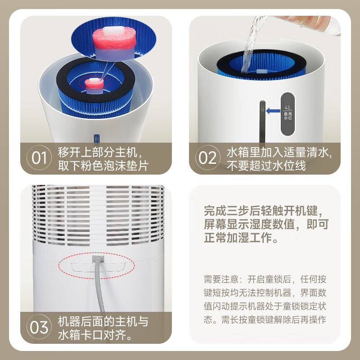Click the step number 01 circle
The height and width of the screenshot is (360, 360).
coord(40,158)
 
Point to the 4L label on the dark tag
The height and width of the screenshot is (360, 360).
coord(288,108)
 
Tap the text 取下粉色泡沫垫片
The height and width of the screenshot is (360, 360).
coord(103,165)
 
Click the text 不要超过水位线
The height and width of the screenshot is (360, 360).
coord(265,165)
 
